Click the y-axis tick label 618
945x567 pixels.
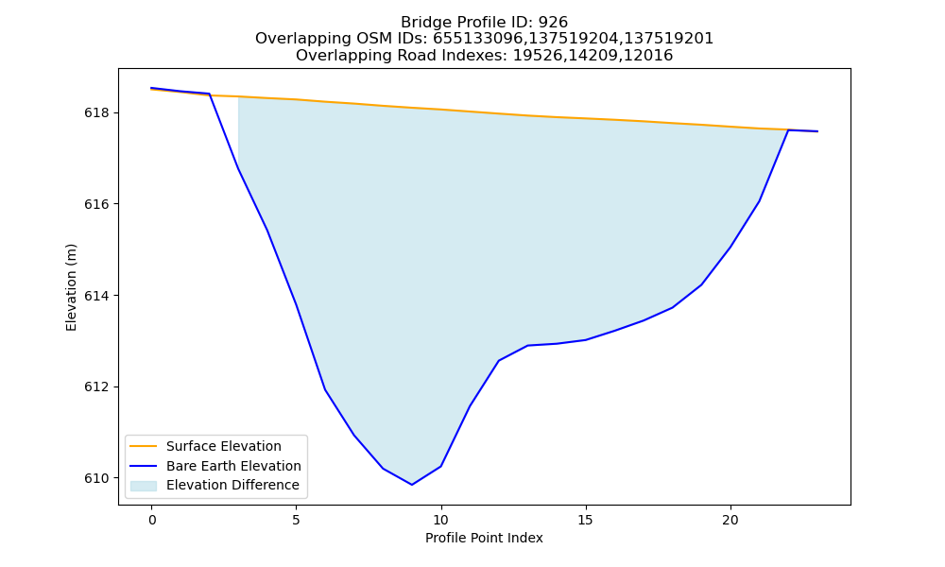(x=95, y=113)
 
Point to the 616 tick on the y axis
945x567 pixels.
(x=95, y=204)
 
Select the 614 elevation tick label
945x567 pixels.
(x=95, y=296)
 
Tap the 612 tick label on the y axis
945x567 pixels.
(x=95, y=387)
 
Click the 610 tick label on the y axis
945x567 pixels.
(x=95, y=478)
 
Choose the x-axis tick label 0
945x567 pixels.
(x=152, y=520)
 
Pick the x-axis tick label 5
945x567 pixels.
(x=297, y=520)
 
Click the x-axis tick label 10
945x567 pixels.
(x=441, y=520)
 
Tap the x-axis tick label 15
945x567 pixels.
(x=586, y=520)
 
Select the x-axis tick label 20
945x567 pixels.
(x=730, y=520)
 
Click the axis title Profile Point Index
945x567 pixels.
(x=484, y=538)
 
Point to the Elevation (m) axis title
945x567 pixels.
(x=71, y=287)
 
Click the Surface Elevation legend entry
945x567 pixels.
(x=224, y=446)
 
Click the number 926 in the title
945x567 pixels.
(x=553, y=23)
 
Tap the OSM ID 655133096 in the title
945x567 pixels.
(x=479, y=39)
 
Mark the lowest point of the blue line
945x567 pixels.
(x=412, y=485)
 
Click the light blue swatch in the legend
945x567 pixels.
(x=144, y=486)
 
